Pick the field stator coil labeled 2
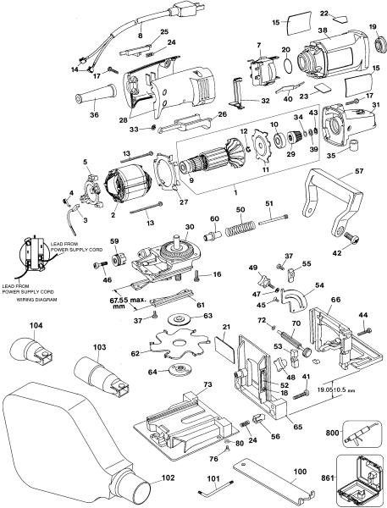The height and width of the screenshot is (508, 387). pos(131,196)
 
